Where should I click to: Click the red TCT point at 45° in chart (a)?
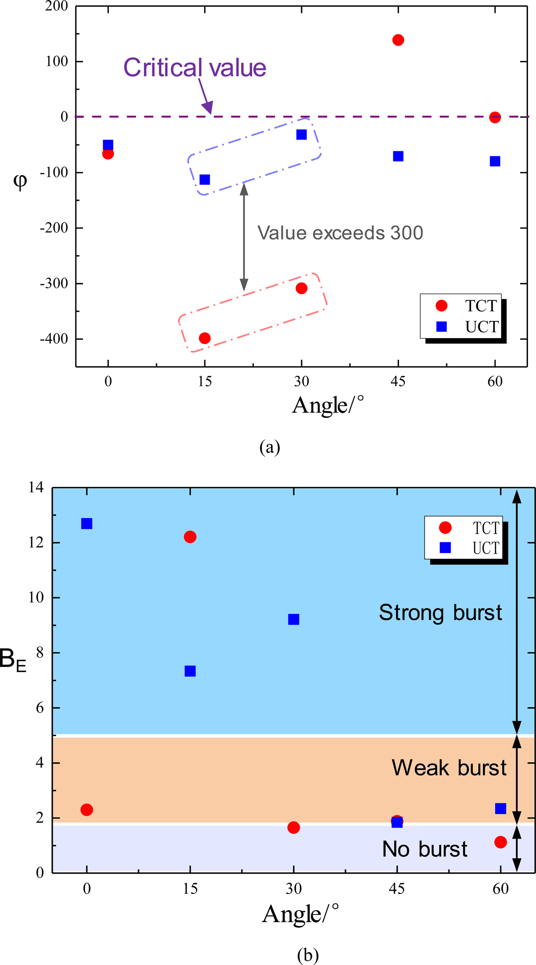point(398,40)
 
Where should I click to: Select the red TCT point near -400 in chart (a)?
point(205,338)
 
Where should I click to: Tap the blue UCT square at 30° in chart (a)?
point(301,134)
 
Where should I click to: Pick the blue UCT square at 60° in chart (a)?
point(495,161)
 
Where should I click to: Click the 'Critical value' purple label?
point(195,67)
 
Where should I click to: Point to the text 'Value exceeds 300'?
point(340,233)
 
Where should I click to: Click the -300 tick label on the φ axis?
point(54,283)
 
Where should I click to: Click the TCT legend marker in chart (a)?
point(441,305)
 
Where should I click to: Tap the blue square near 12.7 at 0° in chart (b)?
point(87,524)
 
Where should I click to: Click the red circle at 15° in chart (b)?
point(190,537)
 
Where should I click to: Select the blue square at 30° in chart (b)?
point(293,619)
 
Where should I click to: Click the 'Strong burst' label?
point(440,612)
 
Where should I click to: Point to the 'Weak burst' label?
point(449,767)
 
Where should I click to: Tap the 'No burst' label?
point(424,849)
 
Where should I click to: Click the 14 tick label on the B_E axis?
point(36,487)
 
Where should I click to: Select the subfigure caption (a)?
point(269,447)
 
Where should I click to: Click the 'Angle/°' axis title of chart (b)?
point(300,914)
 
